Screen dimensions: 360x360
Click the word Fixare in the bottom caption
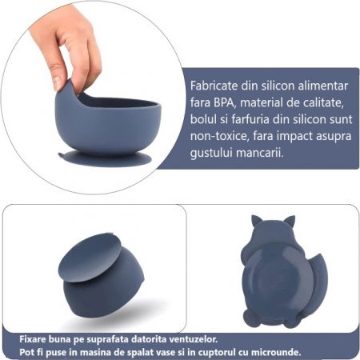34,339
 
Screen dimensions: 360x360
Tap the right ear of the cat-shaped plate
289,221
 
